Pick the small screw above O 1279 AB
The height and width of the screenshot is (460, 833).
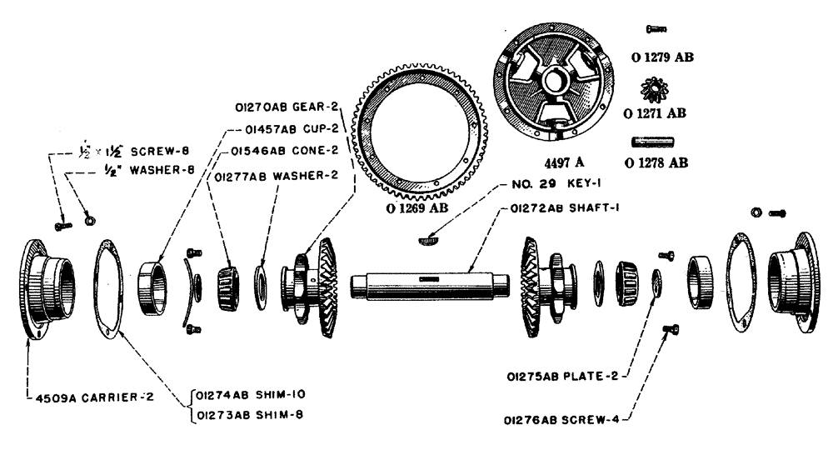click(x=657, y=30)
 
